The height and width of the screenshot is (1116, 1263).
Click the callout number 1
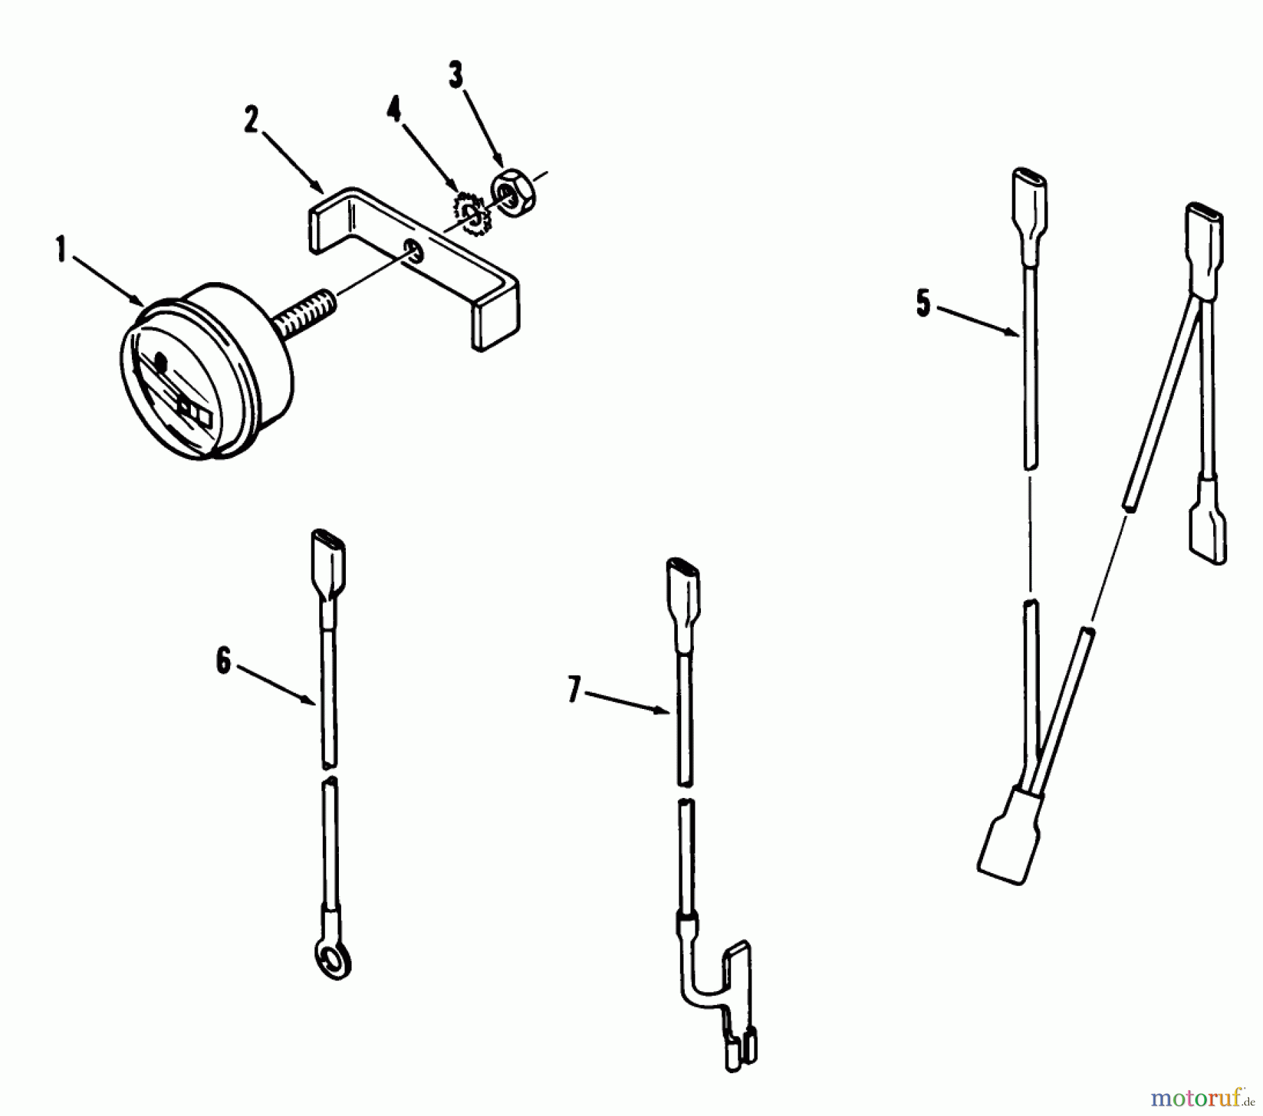(x=62, y=251)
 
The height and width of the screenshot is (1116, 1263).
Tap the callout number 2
(x=251, y=121)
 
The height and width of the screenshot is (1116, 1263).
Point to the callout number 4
(x=395, y=110)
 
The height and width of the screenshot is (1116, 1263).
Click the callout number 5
(x=923, y=305)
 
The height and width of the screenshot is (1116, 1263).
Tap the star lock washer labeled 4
(x=472, y=214)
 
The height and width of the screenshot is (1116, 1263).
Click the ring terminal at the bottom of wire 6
(x=332, y=960)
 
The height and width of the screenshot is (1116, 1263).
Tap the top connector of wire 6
(x=328, y=562)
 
